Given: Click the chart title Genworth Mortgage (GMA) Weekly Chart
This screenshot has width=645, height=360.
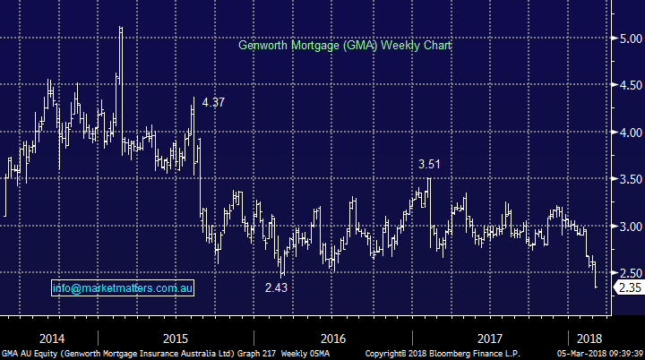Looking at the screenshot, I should [345, 45].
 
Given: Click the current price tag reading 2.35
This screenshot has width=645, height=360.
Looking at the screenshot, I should [628, 287].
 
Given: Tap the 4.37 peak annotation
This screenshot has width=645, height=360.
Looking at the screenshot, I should [213, 103].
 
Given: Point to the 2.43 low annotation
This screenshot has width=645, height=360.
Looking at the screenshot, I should [277, 287].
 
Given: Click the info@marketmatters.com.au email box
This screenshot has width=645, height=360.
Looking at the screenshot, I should [123, 288].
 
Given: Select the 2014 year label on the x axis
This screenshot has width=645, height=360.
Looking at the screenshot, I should [52, 339].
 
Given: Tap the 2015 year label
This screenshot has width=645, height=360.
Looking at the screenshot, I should [175, 339].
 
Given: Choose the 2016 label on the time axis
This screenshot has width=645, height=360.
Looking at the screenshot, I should [332, 339].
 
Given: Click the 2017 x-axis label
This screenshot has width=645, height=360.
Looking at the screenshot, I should [489, 339].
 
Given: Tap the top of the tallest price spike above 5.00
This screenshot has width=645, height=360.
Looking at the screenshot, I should [121, 28].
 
